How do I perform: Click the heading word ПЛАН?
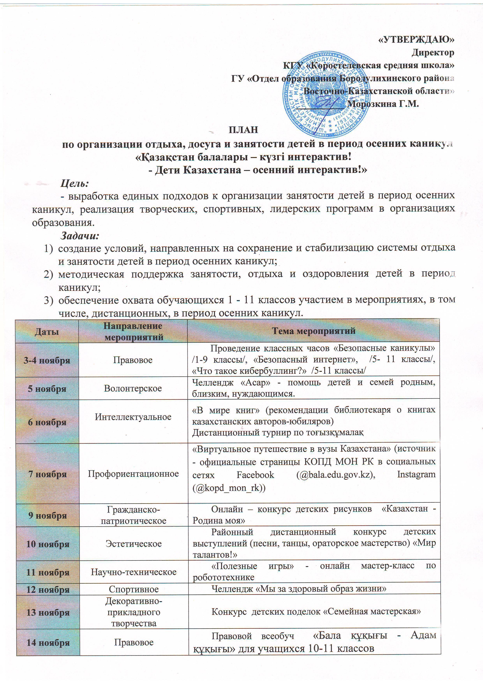coord(242,130)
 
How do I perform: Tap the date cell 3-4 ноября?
coord(47,360)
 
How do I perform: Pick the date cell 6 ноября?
coord(47,422)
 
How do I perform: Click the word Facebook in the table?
coord(255,474)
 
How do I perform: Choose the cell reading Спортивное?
coord(134,589)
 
